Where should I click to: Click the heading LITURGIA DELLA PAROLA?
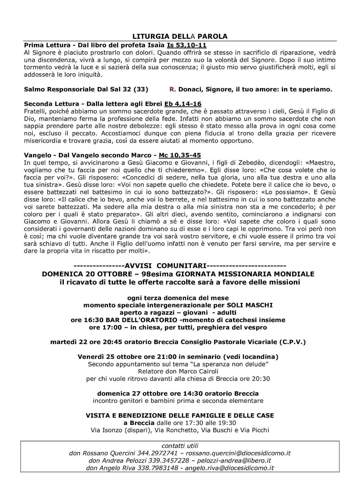coord(180,36)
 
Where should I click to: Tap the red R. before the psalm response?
coord(173,89)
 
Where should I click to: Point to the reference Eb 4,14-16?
coord(183,104)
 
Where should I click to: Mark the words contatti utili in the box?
coord(180,446)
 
